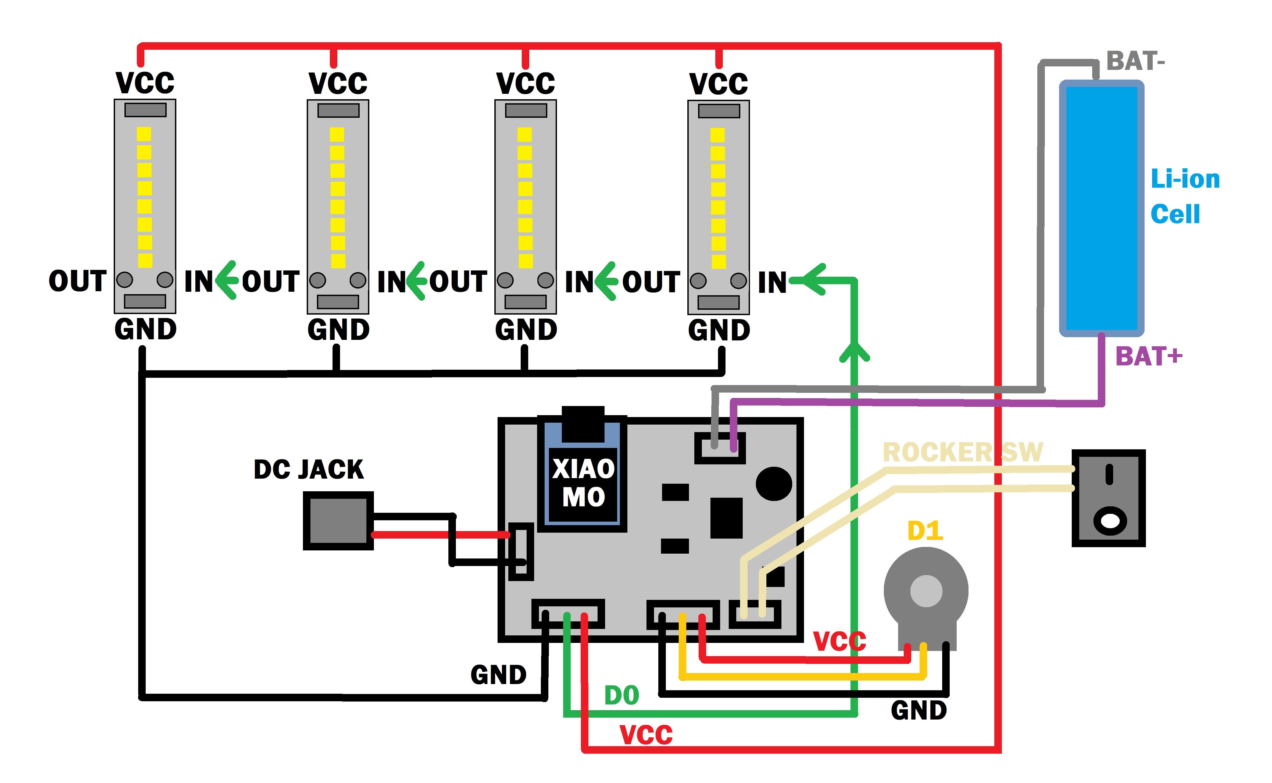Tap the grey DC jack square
coord(338,521)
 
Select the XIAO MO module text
coord(584,483)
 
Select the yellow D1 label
coord(925,531)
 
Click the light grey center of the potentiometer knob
coord(926,591)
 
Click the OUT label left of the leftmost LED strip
coord(78,281)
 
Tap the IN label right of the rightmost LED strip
coord(772,283)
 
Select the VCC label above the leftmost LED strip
coord(145,83)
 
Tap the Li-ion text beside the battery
coord(1185,179)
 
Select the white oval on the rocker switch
coord(1109,521)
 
